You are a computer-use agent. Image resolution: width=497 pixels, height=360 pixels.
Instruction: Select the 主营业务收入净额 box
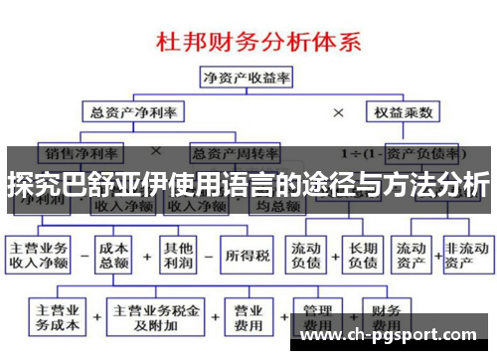pyautogui.click(x=40, y=254)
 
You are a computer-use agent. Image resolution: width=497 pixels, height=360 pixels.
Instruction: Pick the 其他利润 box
pyautogui.click(x=179, y=254)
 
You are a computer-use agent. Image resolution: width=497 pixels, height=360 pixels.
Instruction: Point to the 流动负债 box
pyautogui.click(x=308, y=254)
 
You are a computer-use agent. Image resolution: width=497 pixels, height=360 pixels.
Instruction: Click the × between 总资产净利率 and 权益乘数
pyautogui.click(x=338, y=114)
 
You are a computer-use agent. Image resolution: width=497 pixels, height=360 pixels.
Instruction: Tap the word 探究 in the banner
pyautogui.click(x=30, y=185)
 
